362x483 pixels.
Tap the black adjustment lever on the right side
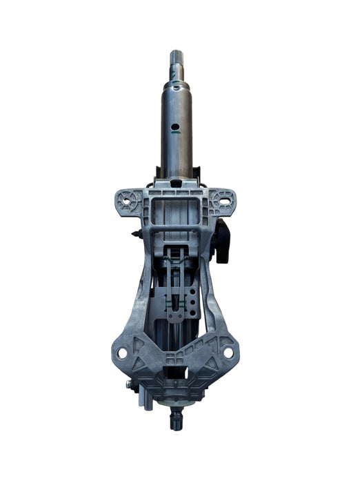coord(222,241)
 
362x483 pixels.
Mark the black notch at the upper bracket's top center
coord(177,184)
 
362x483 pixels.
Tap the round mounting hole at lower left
coord(122,353)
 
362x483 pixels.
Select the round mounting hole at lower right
coord(228,353)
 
